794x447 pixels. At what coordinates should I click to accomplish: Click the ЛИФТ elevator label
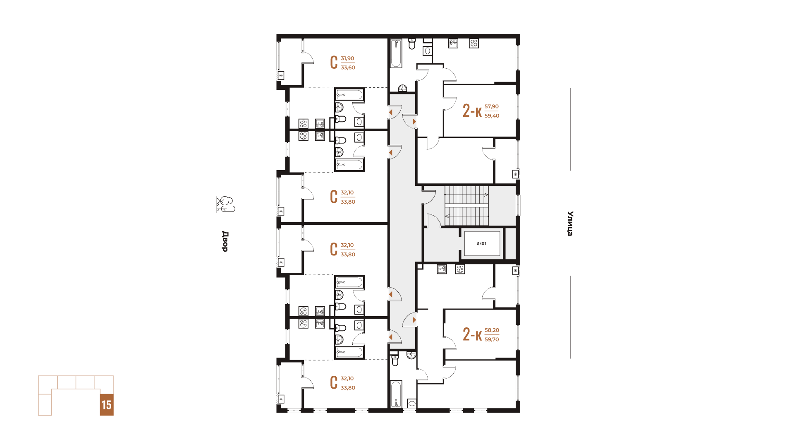(481, 243)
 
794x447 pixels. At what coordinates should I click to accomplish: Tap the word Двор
(225, 241)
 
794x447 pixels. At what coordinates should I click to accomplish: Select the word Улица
(570, 223)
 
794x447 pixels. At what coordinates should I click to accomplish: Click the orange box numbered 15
(107, 405)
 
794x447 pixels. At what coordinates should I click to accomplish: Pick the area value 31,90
(347, 58)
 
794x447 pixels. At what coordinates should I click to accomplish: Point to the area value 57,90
(492, 106)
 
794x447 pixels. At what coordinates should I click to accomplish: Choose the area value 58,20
(492, 330)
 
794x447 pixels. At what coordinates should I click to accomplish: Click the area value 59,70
(492, 339)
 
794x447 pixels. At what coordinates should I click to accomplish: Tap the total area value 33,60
(348, 67)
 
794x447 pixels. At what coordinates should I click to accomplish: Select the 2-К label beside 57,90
(472, 111)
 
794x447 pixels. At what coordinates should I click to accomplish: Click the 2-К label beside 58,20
(472, 334)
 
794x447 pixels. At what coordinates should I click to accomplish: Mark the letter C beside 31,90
(334, 62)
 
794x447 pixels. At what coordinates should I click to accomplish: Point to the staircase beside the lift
(466, 206)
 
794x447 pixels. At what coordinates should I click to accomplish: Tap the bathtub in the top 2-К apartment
(396, 53)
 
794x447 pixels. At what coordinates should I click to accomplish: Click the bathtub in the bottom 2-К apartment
(396, 394)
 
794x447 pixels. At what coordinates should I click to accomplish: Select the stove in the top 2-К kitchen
(474, 43)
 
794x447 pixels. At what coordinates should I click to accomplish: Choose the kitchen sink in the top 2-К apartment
(453, 43)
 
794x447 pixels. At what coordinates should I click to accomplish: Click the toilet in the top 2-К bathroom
(412, 43)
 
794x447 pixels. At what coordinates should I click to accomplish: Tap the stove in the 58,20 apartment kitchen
(460, 269)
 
